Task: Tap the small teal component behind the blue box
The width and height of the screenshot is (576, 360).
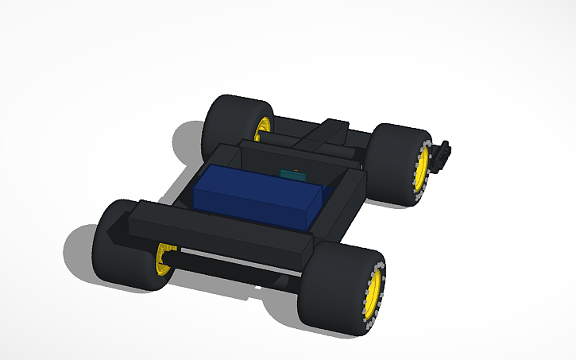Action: [293, 174]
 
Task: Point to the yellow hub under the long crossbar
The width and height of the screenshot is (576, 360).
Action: [165, 260]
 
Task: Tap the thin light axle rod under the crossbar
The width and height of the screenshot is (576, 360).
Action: [238, 263]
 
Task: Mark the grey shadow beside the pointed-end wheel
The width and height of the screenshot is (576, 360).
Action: [79, 246]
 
